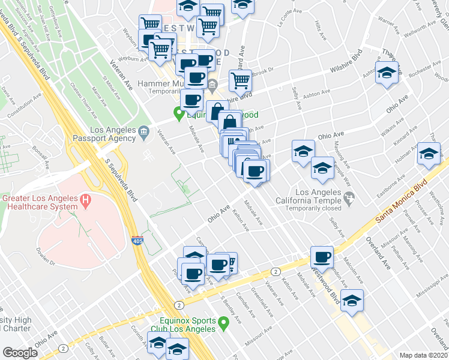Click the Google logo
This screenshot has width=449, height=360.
coord(20,353)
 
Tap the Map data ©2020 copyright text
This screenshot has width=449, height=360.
coord(424,355)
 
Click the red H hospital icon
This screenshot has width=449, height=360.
coord(86,200)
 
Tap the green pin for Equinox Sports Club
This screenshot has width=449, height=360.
coord(224,324)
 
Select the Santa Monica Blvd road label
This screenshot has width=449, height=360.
coord(402,200)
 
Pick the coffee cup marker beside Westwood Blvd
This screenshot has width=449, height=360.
coord(322,257)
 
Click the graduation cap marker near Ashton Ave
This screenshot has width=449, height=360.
coord(387,73)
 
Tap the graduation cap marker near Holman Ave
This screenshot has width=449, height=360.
coord(429,153)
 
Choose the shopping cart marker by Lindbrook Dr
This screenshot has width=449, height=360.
coord(240,79)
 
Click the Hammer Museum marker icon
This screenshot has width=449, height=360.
coord(213,84)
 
